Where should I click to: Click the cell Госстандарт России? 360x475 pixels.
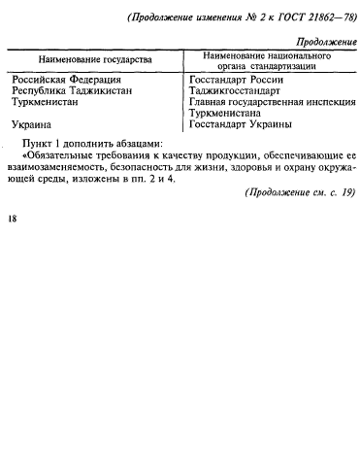pos(237,79)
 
